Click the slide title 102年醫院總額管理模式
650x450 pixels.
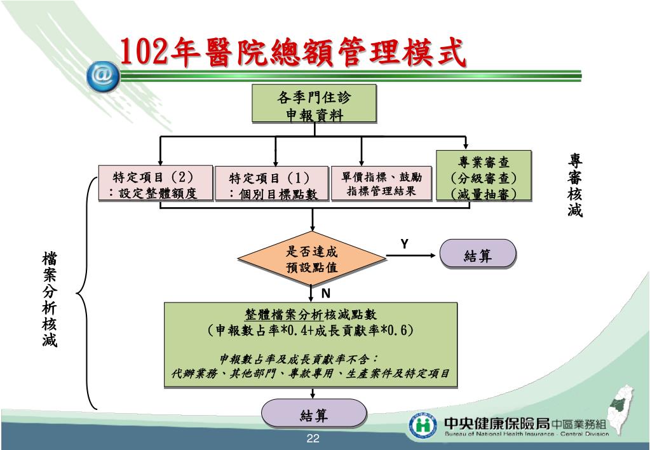pyautogui.click(x=293, y=52)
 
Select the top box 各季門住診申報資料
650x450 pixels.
pyautogui.click(x=314, y=105)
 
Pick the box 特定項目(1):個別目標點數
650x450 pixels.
pyautogui.click(x=271, y=185)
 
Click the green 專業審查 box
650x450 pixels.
pyautogui.click(x=483, y=177)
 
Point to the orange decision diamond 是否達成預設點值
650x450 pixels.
pyautogui.click(x=311, y=259)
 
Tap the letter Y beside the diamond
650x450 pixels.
pyautogui.click(x=404, y=245)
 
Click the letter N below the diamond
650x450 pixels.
pyautogui.click(x=325, y=293)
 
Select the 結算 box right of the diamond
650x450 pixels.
pyautogui.click(x=478, y=256)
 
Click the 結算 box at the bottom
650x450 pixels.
pyautogui.click(x=314, y=415)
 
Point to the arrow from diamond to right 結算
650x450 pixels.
pyautogui.click(x=413, y=256)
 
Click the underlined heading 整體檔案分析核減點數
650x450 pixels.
pyautogui.click(x=311, y=315)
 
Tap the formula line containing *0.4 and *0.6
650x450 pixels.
pyautogui.click(x=311, y=331)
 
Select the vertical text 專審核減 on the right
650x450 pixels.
pyautogui.click(x=575, y=185)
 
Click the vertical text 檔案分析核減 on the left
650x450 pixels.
pyautogui.click(x=50, y=299)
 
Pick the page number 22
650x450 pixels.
pyautogui.click(x=313, y=439)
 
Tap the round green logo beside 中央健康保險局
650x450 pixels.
pyautogui.click(x=423, y=425)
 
